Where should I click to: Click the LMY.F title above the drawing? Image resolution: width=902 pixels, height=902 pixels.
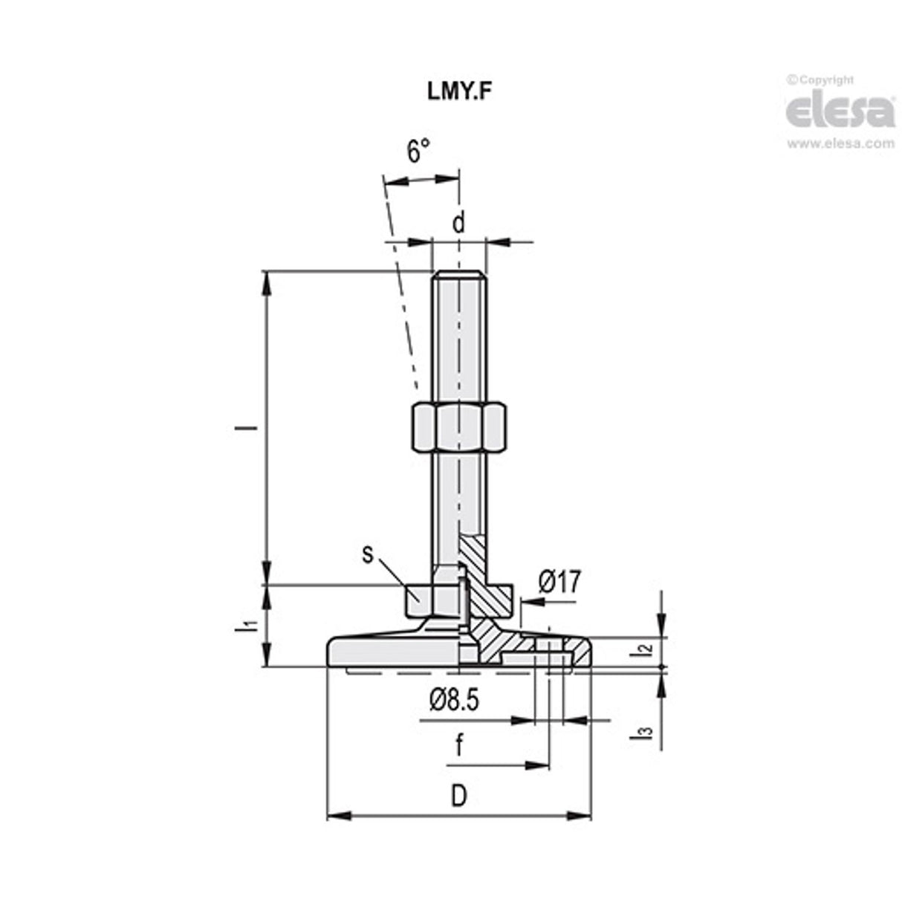point(458,91)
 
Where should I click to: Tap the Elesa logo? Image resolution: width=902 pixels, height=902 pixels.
point(840,111)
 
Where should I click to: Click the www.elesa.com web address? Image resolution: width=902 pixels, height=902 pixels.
point(840,144)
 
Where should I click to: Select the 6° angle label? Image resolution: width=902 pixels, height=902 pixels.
point(418,152)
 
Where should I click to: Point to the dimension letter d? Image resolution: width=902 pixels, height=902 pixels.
point(458,223)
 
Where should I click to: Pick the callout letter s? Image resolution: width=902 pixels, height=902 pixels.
point(367,554)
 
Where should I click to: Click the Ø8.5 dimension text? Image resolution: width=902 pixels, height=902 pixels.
point(454,699)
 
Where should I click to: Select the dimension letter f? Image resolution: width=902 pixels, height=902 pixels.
point(458,746)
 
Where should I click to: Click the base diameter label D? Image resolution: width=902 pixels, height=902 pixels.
point(459,796)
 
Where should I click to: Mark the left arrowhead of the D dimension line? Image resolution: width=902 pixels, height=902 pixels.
point(337,816)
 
